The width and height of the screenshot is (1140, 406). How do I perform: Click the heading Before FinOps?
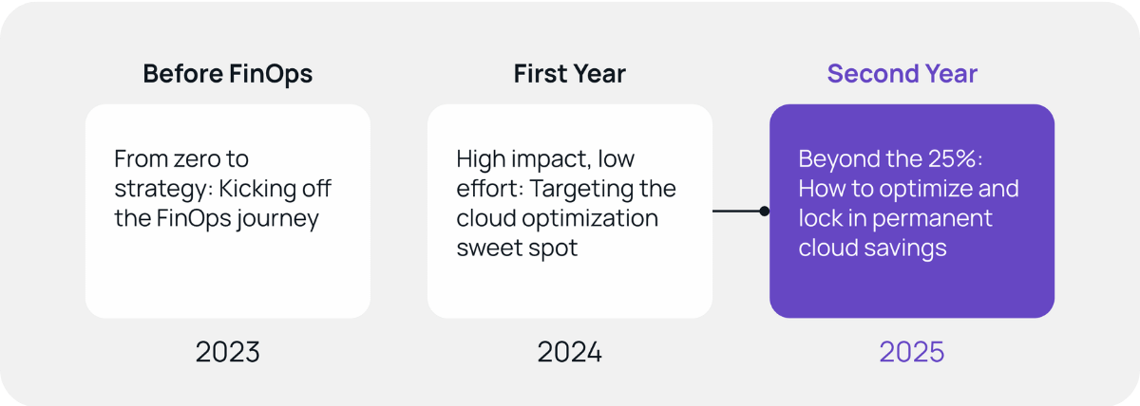(227, 74)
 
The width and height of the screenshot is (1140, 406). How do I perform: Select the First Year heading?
(570, 74)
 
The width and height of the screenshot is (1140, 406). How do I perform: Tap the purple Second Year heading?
(902, 74)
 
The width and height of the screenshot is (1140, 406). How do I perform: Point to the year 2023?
(227, 352)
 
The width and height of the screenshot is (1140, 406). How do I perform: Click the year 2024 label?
(570, 352)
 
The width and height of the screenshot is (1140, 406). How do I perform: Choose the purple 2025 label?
(911, 352)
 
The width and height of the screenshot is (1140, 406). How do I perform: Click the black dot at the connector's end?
(764, 211)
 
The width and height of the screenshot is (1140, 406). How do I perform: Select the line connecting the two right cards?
(736, 211)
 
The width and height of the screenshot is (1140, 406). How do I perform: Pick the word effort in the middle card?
(484, 189)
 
